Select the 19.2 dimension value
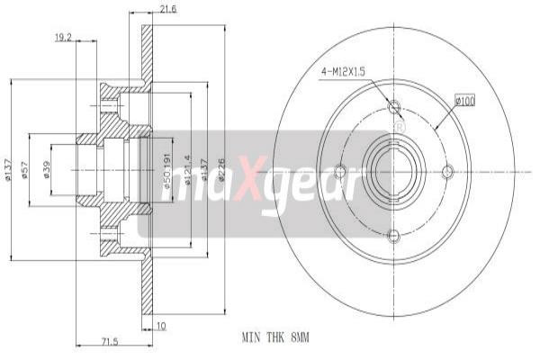point(62,37)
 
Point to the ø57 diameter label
point(24,168)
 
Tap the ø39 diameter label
point(47,168)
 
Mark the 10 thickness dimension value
point(161,326)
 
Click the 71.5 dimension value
point(109,342)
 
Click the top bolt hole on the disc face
point(392,108)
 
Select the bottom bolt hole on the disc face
point(392,236)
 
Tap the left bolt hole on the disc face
point(339,171)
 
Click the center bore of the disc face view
point(392,171)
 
